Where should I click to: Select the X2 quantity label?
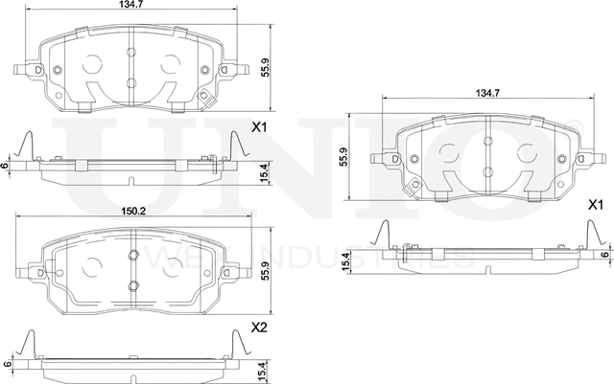point(258,328)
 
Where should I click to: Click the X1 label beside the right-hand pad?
point(595,205)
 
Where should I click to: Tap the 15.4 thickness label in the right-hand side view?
point(343,260)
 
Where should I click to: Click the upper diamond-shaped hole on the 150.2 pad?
point(131,254)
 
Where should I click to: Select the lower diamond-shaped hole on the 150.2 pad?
point(131,284)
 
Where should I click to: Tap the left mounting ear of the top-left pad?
point(23,70)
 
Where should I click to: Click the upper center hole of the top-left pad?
point(130,53)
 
